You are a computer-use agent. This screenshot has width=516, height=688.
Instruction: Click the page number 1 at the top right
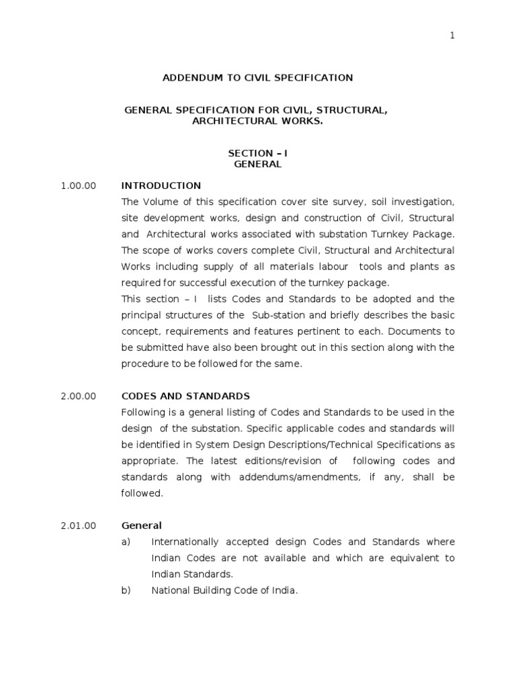(452, 36)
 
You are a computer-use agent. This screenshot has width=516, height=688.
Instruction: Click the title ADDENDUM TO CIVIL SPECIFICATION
(257, 78)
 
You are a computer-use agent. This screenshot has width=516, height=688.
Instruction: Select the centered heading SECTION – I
(257, 153)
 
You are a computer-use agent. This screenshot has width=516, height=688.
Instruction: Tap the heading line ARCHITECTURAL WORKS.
(257, 121)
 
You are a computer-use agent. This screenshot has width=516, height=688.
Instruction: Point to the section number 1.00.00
(79, 185)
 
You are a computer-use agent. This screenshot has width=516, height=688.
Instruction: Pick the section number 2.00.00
(79, 396)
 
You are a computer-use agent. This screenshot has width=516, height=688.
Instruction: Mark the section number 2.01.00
(79, 525)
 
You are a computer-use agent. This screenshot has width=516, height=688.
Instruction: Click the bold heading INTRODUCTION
(161, 185)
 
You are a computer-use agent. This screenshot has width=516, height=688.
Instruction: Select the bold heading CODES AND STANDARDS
(185, 396)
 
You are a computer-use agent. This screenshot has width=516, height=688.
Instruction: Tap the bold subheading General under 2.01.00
(141, 525)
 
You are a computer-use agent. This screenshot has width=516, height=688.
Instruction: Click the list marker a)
(126, 542)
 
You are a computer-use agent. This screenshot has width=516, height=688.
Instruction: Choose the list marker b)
(126, 591)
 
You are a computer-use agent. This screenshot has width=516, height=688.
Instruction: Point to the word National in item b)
(169, 591)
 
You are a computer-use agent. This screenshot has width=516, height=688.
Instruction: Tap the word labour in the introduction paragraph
(335, 267)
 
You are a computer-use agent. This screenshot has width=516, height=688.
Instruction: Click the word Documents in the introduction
(419, 331)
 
